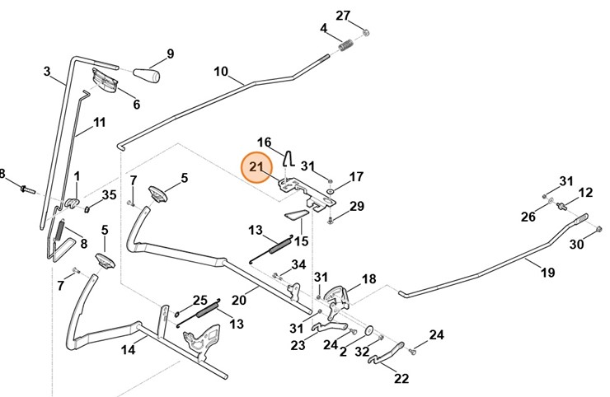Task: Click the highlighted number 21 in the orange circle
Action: [256, 167]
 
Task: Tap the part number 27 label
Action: [343, 15]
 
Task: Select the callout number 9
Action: [171, 54]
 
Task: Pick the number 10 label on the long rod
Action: [221, 72]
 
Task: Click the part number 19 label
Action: [547, 273]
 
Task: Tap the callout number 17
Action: [356, 176]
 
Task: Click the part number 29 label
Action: [357, 205]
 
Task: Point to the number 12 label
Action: [585, 193]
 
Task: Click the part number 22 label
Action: [401, 379]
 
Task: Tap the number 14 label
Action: [129, 350]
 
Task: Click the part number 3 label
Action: [47, 71]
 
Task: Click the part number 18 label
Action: [368, 279]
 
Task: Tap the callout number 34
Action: [298, 264]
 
